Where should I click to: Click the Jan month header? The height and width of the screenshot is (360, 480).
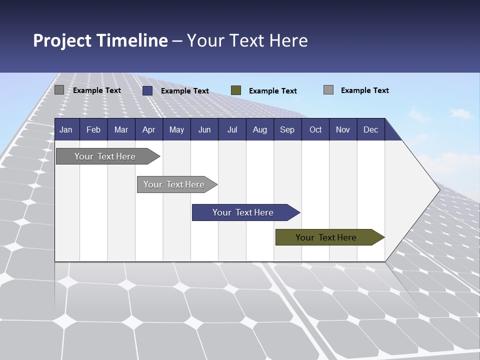point(66,129)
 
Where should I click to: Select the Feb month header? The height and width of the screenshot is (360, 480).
point(93,129)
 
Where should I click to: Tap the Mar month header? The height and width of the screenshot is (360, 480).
point(121,129)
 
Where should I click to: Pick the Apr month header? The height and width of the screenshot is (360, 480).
point(148,129)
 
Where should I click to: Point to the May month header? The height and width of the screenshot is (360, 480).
point(176,129)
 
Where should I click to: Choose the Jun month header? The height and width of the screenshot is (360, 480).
point(204,129)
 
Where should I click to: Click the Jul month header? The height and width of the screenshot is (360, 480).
point(232,129)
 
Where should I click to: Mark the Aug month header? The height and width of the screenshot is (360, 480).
point(260,129)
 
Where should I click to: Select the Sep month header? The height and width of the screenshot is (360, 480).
point(287,129)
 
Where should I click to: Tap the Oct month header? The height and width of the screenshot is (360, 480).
point(315,129)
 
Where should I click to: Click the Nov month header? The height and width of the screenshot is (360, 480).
point(343,129)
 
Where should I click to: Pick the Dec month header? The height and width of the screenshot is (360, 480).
point(370,129)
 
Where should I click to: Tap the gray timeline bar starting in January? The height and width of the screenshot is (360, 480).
point(105,156)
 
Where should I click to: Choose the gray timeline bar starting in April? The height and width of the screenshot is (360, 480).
point(174,184)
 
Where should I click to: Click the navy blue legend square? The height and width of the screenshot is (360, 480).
point(147,90)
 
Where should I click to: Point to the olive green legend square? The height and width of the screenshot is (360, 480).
point(236,90)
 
